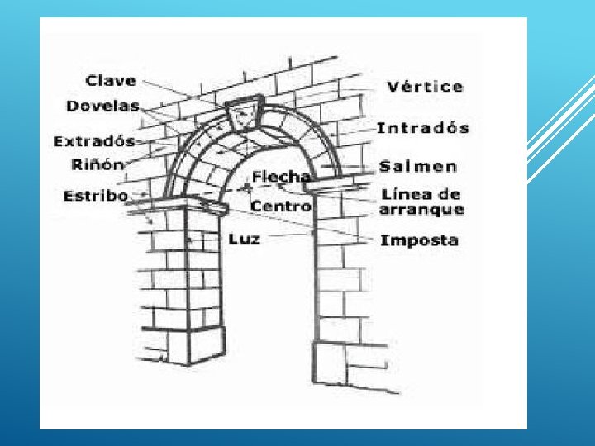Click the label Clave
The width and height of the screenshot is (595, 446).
tap(111, 81)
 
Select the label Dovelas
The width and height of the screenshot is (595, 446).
tap(102, 106)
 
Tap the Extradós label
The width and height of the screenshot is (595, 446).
tap(93, 141)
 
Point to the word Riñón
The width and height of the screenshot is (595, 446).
tap(98, 164)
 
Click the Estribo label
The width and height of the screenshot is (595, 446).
tap(96, 196)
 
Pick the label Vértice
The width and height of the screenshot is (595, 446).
tap(425, 87)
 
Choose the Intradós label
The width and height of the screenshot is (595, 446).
tap(422, 128)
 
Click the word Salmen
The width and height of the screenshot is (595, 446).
tap(418, 166)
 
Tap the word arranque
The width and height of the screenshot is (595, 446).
tap(421, 210)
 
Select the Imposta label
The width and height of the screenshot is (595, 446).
tap(419, 240)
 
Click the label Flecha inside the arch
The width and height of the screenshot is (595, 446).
tap(282, 176)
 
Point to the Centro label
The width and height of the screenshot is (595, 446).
tap(281, 205)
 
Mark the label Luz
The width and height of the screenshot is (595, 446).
tap(244, 239)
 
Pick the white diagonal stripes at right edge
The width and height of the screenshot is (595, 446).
tap(562, 124)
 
